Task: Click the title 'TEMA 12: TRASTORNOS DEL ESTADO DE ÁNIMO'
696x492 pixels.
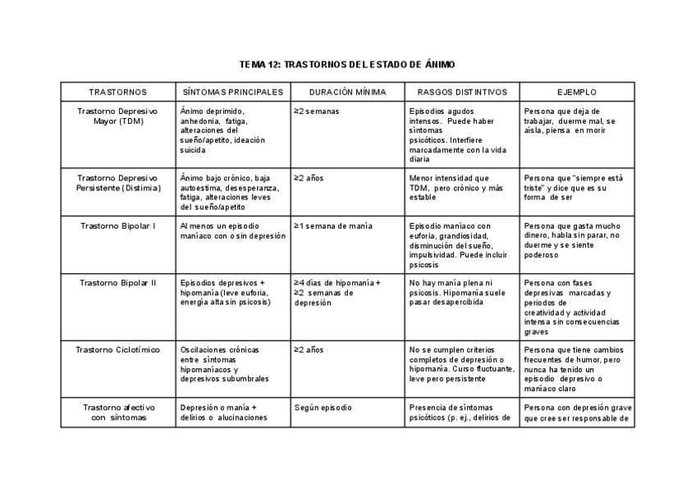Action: pos(347,64)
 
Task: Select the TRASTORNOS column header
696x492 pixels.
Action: pos(117,92)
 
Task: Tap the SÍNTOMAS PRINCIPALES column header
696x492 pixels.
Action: pos(232,92)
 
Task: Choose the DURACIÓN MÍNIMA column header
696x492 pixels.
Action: pos(347,92)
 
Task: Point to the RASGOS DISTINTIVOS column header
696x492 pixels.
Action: pos(462,92)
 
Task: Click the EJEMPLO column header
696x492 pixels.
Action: pos(577,92)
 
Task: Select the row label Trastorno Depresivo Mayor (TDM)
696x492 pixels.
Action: pos(117,116)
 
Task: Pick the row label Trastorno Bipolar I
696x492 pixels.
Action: pos(117,225)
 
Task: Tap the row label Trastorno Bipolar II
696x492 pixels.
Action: pos(117,283)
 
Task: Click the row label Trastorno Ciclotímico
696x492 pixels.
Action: pos(117,350)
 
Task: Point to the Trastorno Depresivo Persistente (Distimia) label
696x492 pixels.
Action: pos(117,183)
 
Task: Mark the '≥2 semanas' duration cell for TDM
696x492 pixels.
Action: pos(317,111)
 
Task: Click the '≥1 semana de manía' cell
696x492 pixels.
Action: pos(336,225)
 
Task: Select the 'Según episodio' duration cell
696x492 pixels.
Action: pos(322,408)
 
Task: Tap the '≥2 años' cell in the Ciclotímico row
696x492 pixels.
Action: pos(309,350)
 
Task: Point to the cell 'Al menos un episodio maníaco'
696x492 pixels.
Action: pos(232,230)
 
